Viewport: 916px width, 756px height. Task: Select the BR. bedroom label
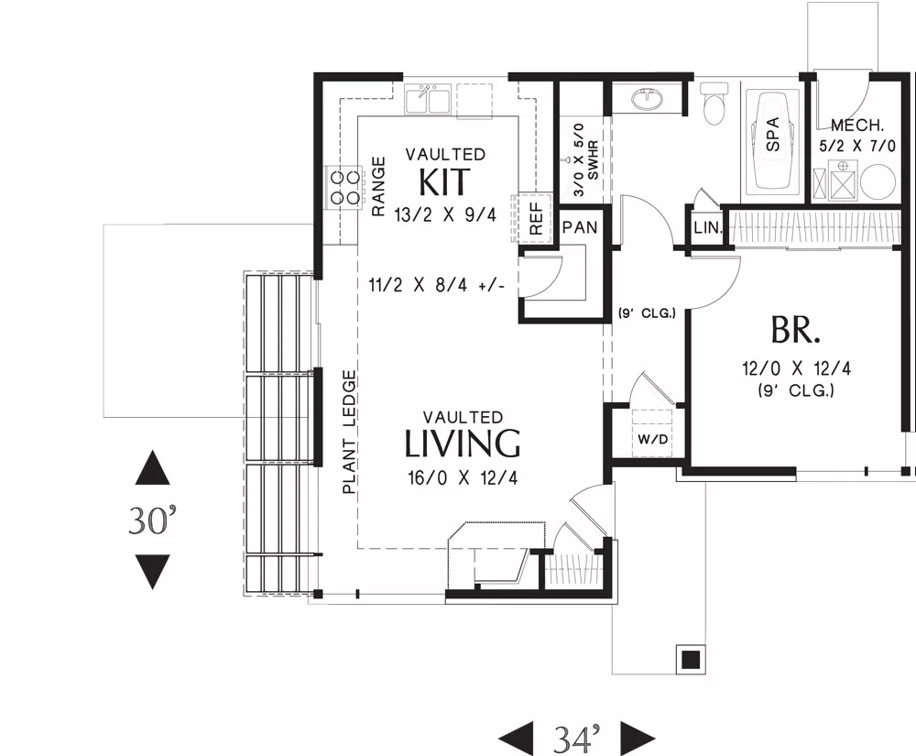click(795, 330)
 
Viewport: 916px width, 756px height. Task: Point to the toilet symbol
click(714, 103)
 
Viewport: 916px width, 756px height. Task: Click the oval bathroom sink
click(648, 99)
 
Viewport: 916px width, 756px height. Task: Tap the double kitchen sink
click(428, 99)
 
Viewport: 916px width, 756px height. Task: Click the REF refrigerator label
click(536, 218)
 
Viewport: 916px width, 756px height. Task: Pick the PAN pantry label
click(580, 226)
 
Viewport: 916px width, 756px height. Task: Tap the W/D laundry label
click(652, 439)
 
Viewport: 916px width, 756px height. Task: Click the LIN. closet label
click(708, 227)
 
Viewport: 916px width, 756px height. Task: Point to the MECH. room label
click(857, 125)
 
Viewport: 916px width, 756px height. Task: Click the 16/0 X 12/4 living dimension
click(463, 478)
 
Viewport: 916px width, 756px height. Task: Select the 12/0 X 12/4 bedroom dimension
click(796, 368)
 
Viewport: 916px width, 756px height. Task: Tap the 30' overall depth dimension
click(152, 520)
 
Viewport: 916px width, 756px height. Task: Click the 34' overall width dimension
click(576, 739)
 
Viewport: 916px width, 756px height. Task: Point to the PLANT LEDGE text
click(349, 432)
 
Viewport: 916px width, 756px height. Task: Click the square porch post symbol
click(691, 660)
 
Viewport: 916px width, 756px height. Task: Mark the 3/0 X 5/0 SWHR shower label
click(585, 159)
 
